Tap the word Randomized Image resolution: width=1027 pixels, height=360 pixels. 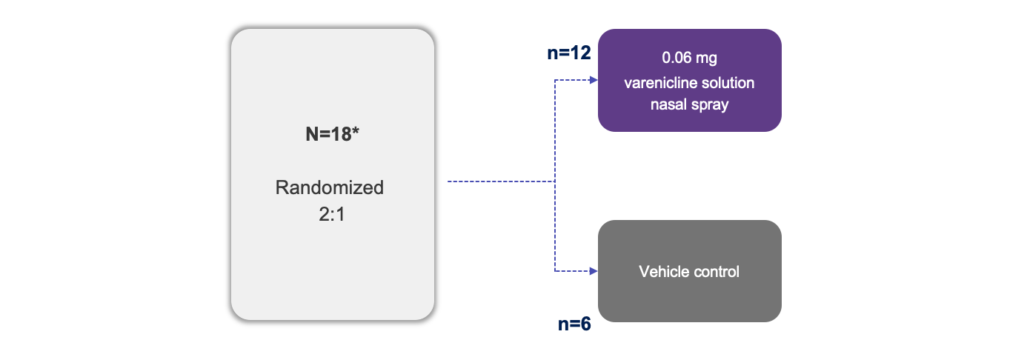(x=330, y=187)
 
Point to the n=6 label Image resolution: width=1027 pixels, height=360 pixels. (x=574, y=324)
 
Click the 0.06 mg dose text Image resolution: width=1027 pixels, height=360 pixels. (x=689, y=58)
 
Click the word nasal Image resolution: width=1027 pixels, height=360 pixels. (x=669, y=104)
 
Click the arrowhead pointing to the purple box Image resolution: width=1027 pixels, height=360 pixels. (x=593, y=80)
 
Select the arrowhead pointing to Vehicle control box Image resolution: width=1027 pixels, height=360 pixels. (x=593, y=272)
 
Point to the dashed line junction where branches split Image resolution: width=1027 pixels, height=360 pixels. (x=555, y=181)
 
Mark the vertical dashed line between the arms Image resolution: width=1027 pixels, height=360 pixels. (x=555, y=222)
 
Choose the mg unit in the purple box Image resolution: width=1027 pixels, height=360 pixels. (x=708, y=59)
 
